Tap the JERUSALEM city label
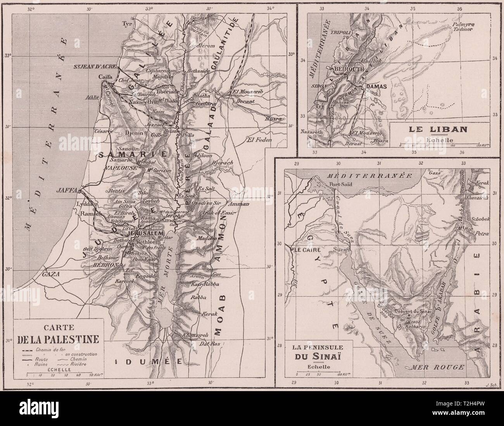pos(144,233)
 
